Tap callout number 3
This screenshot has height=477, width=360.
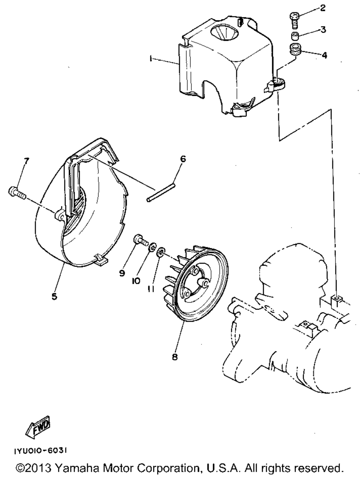coord(323,29)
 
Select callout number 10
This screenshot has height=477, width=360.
coord(136,281)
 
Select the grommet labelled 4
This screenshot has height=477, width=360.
coord(295,49)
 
